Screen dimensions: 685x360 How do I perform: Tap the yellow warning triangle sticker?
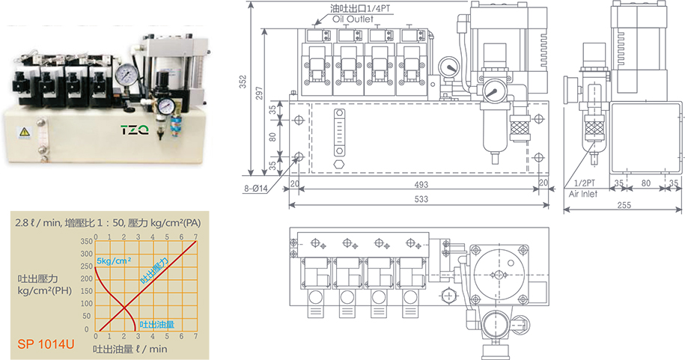coord(23,132)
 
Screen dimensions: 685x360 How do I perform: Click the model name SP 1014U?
coord(46,344)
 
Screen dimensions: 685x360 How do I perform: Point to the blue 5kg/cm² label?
coord(114,260)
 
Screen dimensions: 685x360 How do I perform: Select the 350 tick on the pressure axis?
coord(87,242)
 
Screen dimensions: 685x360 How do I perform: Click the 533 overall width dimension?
coord(421,199)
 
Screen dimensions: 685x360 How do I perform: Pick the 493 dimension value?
coord(421,185)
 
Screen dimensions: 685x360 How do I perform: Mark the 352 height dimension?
coord(243,82)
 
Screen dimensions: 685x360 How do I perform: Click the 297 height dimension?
coord(259,93)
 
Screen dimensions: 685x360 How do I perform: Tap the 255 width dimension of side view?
coord(624,204)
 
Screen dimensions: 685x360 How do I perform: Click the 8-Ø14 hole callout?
coord(255,189)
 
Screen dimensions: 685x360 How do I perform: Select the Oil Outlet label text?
coord(353,19)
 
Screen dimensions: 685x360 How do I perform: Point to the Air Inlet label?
coord(583,194)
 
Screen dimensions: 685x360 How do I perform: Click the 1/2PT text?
coord(585,183)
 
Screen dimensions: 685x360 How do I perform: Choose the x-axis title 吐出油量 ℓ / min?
coord(130,349)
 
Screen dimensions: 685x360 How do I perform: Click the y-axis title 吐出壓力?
coord(37,278)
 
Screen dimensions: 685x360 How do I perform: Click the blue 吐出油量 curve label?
coord(156,325)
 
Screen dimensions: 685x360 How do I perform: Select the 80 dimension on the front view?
coord(273,137)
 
